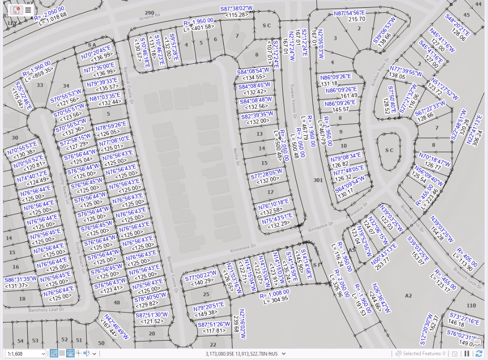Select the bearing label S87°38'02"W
237,9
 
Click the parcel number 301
318,180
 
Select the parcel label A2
408,296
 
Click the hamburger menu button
28,10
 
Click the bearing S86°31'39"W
20,279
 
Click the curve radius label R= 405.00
467,257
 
